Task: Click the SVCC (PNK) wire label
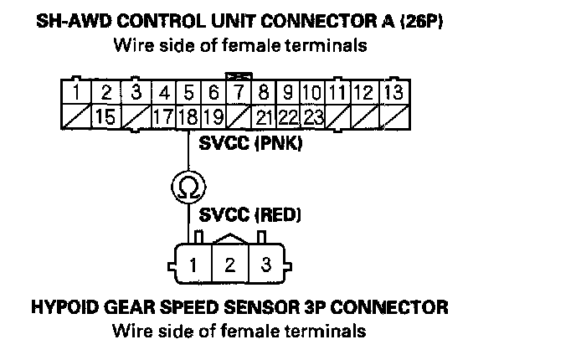tap(250, 144)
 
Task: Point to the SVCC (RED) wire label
tap(250, 215)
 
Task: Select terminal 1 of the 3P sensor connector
tap(193, 266)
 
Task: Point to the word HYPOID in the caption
tap(68, 307)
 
